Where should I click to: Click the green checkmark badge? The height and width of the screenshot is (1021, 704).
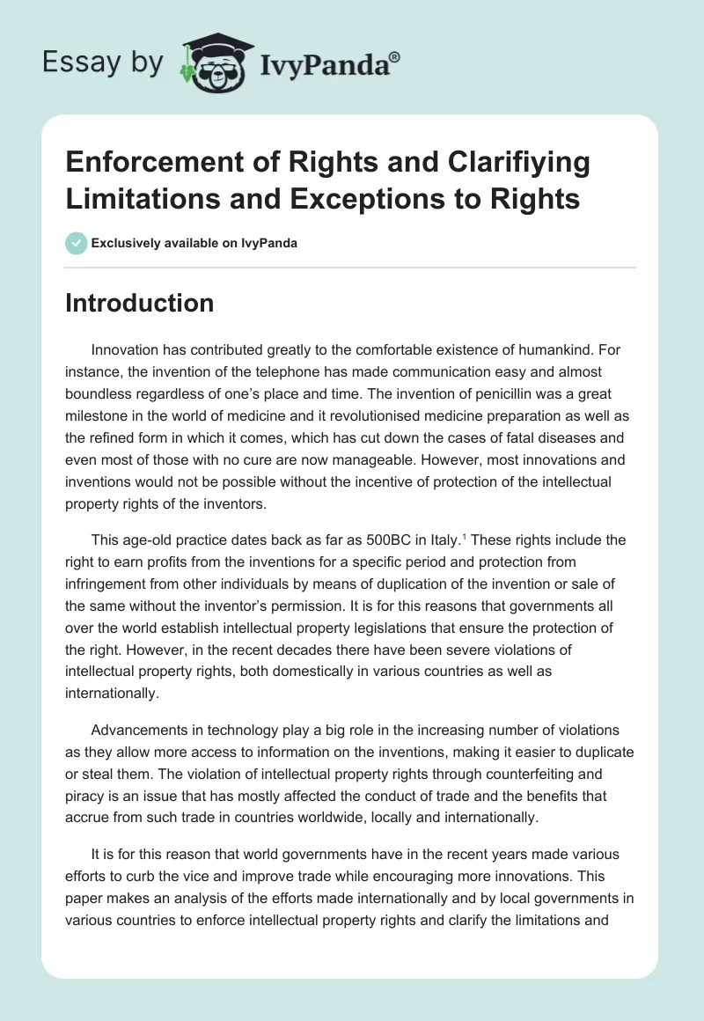(77, 244)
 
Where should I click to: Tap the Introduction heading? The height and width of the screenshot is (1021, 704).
(139, 303)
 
